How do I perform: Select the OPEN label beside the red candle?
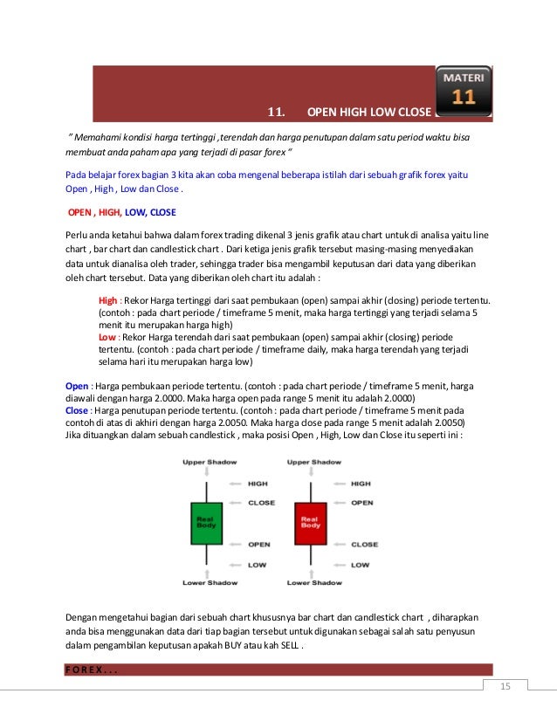pyautogui.click(x=361, y=503)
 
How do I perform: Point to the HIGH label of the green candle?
pyautogui.click(x=258, y=483)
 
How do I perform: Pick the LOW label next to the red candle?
pyautogui.click(x=360, y=564)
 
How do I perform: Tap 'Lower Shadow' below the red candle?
pyautogui.click(x=314, y=582)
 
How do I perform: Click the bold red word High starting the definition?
pyautogui.click(x=107, y=300)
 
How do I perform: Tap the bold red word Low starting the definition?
pyautogui.click(x=107, y=336)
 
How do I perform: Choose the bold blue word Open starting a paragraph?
pyautogui.click(x=77, y=385)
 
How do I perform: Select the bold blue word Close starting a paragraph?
pyautogui.click(x=77, y=409)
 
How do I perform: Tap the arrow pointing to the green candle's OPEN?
pyautogui.click(x=234, y=543)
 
